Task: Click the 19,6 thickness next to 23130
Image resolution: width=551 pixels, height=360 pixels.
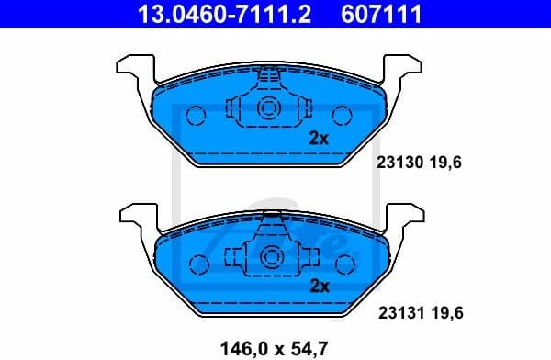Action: point(444,162)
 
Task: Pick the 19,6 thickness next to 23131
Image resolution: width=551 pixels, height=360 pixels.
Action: point(444,312)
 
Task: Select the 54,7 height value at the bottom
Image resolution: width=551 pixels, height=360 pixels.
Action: point(305,347)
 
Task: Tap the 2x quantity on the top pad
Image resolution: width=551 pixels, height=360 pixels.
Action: point(319,139)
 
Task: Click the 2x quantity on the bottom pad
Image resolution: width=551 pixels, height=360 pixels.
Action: point(319,286)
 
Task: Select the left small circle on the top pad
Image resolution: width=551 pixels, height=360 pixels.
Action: point(195,116)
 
